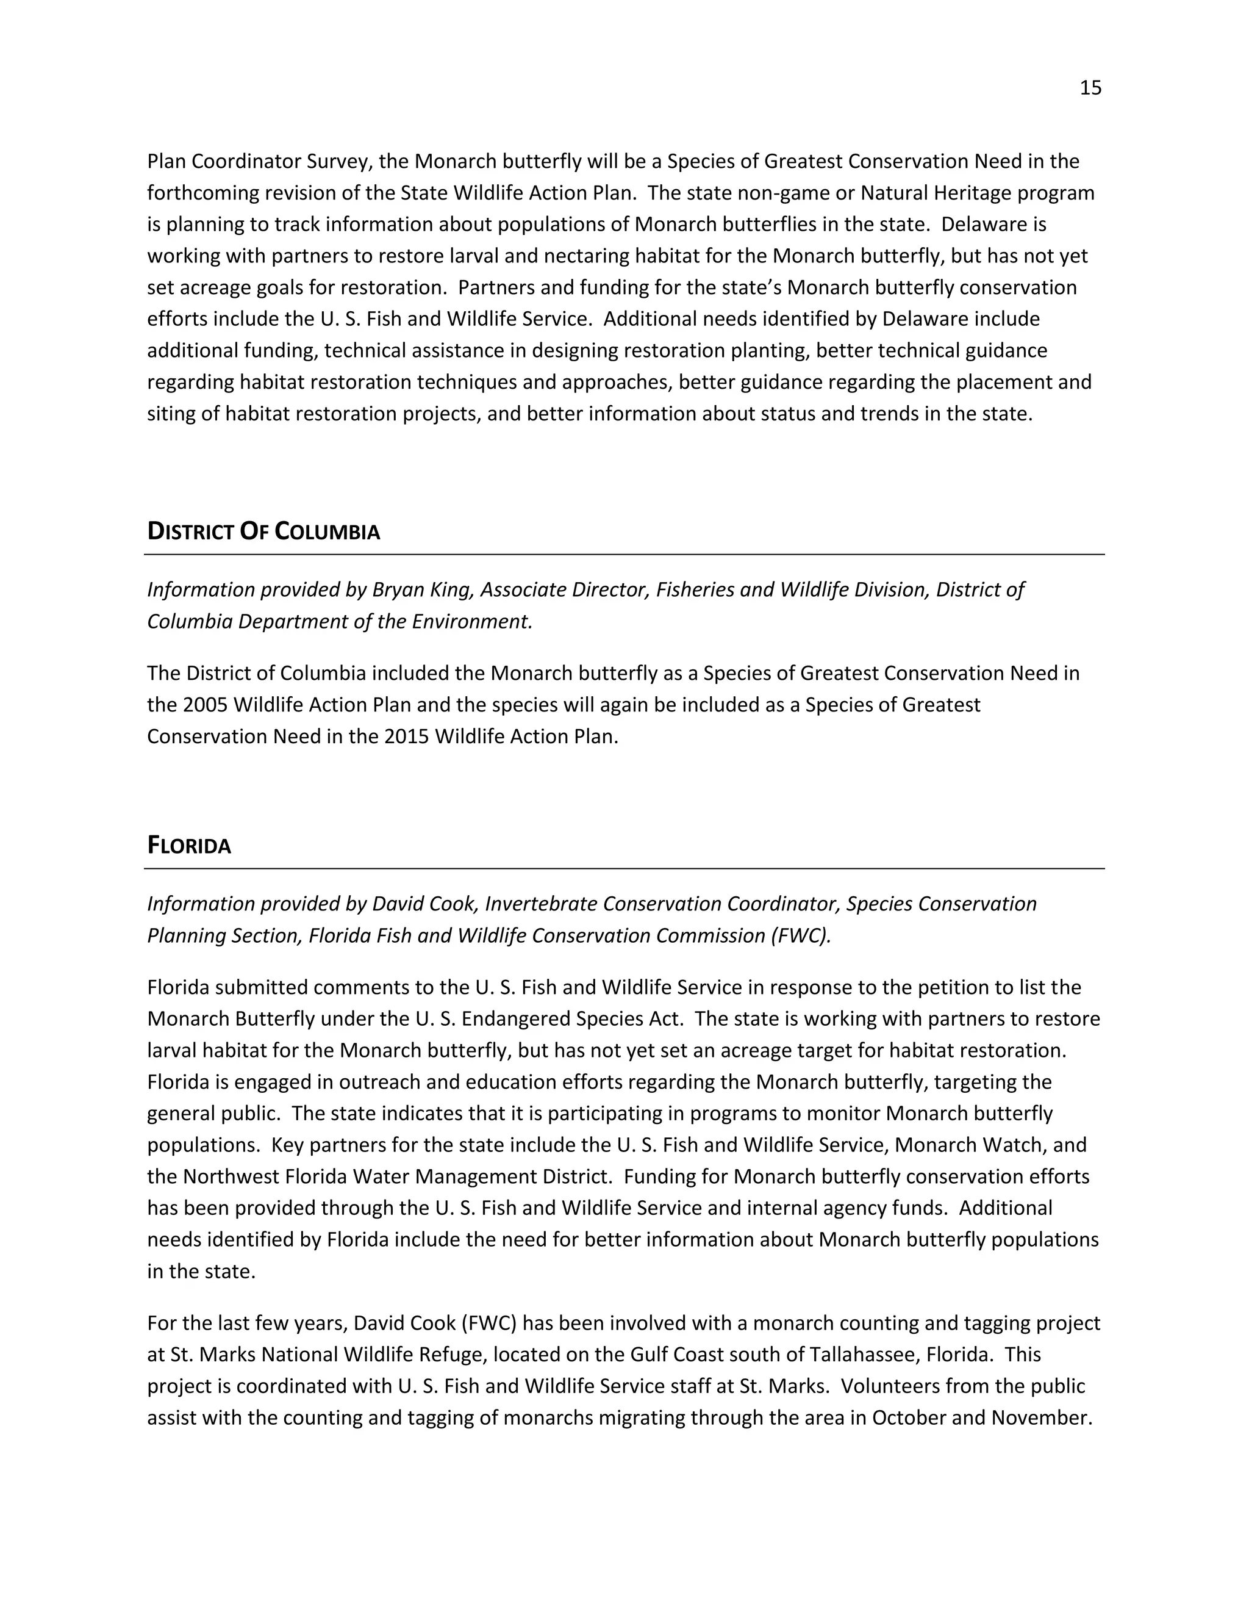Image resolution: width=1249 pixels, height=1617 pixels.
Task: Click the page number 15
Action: tap(1090, 88)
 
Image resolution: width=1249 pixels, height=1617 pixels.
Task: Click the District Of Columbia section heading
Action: tap(263, 531)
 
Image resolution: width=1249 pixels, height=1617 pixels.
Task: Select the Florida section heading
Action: tap(190, 846)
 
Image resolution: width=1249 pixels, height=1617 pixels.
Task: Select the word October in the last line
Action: tap(909, 1418)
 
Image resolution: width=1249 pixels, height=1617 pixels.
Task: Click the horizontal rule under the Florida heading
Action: tap(624, 868)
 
